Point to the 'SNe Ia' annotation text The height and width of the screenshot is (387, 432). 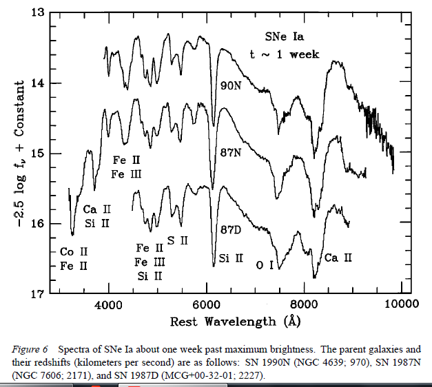pos(284,36)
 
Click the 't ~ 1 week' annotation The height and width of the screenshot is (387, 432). pos(285,54)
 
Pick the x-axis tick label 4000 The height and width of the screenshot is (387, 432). pos(108,305)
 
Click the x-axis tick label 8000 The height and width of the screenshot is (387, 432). pos(304,305)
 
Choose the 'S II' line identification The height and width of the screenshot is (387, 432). pos(177,241)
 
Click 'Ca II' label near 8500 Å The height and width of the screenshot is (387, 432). pos(338,258)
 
